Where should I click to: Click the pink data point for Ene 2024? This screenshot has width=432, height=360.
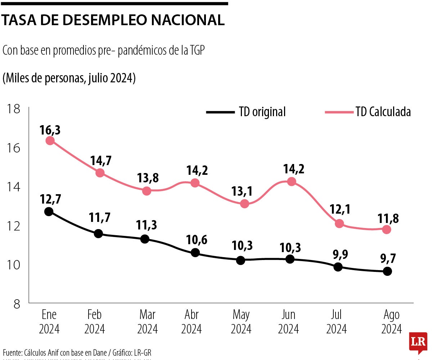pyautogui.click(x=50, y=141)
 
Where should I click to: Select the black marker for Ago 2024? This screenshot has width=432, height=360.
pyautogui.click(x=387, y=272)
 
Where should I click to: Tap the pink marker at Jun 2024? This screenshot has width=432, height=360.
pyautogui.click(x=292, y=182)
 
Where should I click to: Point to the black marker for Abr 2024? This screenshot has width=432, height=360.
pyautogui.click(x=195, y=252)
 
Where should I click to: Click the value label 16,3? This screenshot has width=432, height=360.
pyautogui.click(x=50, y=130)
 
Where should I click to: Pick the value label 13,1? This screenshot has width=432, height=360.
pyautogui.click(x=244, y=191)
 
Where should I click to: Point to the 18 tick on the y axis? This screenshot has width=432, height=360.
pyautogui.click(x=13, y=108)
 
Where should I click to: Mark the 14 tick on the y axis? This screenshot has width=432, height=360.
pyautogui.click(x=13, y=187)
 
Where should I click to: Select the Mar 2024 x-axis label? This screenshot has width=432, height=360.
pyautogui.click(x=147, y=322)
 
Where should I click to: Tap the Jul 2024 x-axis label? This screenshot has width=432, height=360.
pyautogui.click(x=336, y=322)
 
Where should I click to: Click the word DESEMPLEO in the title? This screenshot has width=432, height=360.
pyautogui.click(x=98, y=20)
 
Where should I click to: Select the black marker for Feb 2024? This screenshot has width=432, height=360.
pyautogui.click(x=98, y=234)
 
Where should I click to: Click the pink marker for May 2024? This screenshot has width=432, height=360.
pyautogui.click(x=244, y=204)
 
